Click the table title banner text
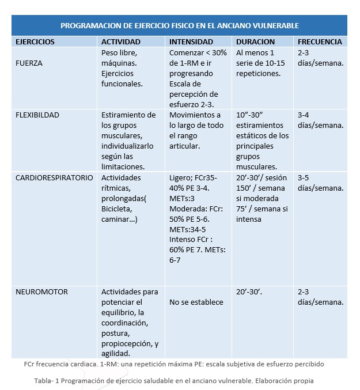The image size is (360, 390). [x=180, y=25]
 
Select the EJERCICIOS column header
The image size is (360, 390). [x=35, y=42]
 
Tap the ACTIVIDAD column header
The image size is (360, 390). [x=120, y=42]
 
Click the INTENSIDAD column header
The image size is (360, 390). [x=191, y=42]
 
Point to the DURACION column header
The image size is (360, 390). [x=256, y=42]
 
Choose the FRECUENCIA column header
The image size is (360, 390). [x=320, y=42]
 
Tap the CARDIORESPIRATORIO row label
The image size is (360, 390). [x=54, y=178]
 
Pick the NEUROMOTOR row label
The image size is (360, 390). [x=41, y=292]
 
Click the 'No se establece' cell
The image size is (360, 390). [x=196, y=302]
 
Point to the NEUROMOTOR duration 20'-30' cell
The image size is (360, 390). [x=249, y=292]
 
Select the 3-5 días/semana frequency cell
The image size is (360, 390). [x=321, y=183]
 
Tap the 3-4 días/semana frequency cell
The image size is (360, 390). [x=321, y=120]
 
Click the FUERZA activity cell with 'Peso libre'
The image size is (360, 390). [x=120, y=68]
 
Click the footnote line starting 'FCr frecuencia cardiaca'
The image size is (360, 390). [x=174, y=365]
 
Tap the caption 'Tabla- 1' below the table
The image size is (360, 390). [x=173, y=381]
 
